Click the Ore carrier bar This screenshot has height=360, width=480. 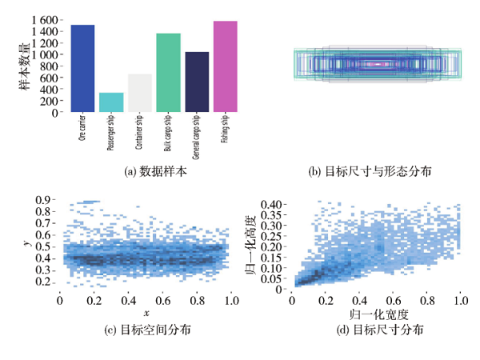[82, 68]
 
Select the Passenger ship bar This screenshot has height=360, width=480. [111, 102]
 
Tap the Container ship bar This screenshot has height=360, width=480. [140, 93]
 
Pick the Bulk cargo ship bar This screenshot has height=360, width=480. [168, 73]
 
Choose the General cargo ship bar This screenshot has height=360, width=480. [197, 82]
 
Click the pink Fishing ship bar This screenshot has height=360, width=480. [226, 66]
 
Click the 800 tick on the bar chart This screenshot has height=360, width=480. [50, 66]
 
